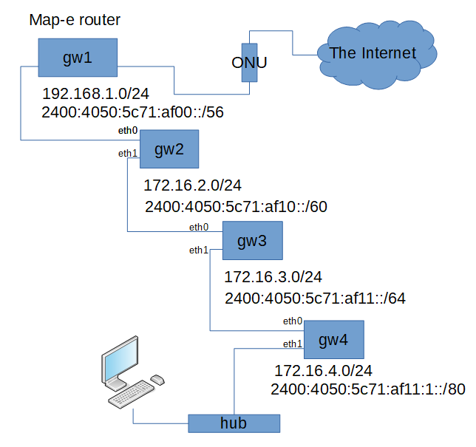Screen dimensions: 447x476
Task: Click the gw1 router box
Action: (x=78, y=58)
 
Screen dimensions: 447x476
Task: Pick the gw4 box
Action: (x=333, y=340)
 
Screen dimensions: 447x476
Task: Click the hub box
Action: (x=234, y=423)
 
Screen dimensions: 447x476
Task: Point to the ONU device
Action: (x=249, y=63)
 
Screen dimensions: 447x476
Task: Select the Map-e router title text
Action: (x=75, y=20)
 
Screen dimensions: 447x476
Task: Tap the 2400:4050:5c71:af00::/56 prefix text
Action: (x=134, y=112)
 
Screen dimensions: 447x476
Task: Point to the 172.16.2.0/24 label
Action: (x=192, y=185)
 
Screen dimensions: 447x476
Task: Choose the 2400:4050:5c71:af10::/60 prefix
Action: (x=236, y=207)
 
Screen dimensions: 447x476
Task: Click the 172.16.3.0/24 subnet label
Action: (x=273, y=277)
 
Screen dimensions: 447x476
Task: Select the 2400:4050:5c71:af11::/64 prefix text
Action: (x=315, y=298)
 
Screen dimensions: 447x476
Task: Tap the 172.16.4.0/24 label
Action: (x=323, y=370)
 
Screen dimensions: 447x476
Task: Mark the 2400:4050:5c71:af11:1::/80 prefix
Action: (x=367, y=389)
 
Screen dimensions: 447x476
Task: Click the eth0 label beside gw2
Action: (x=128, y=131)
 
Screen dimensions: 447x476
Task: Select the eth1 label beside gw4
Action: (x=293, y=344)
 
